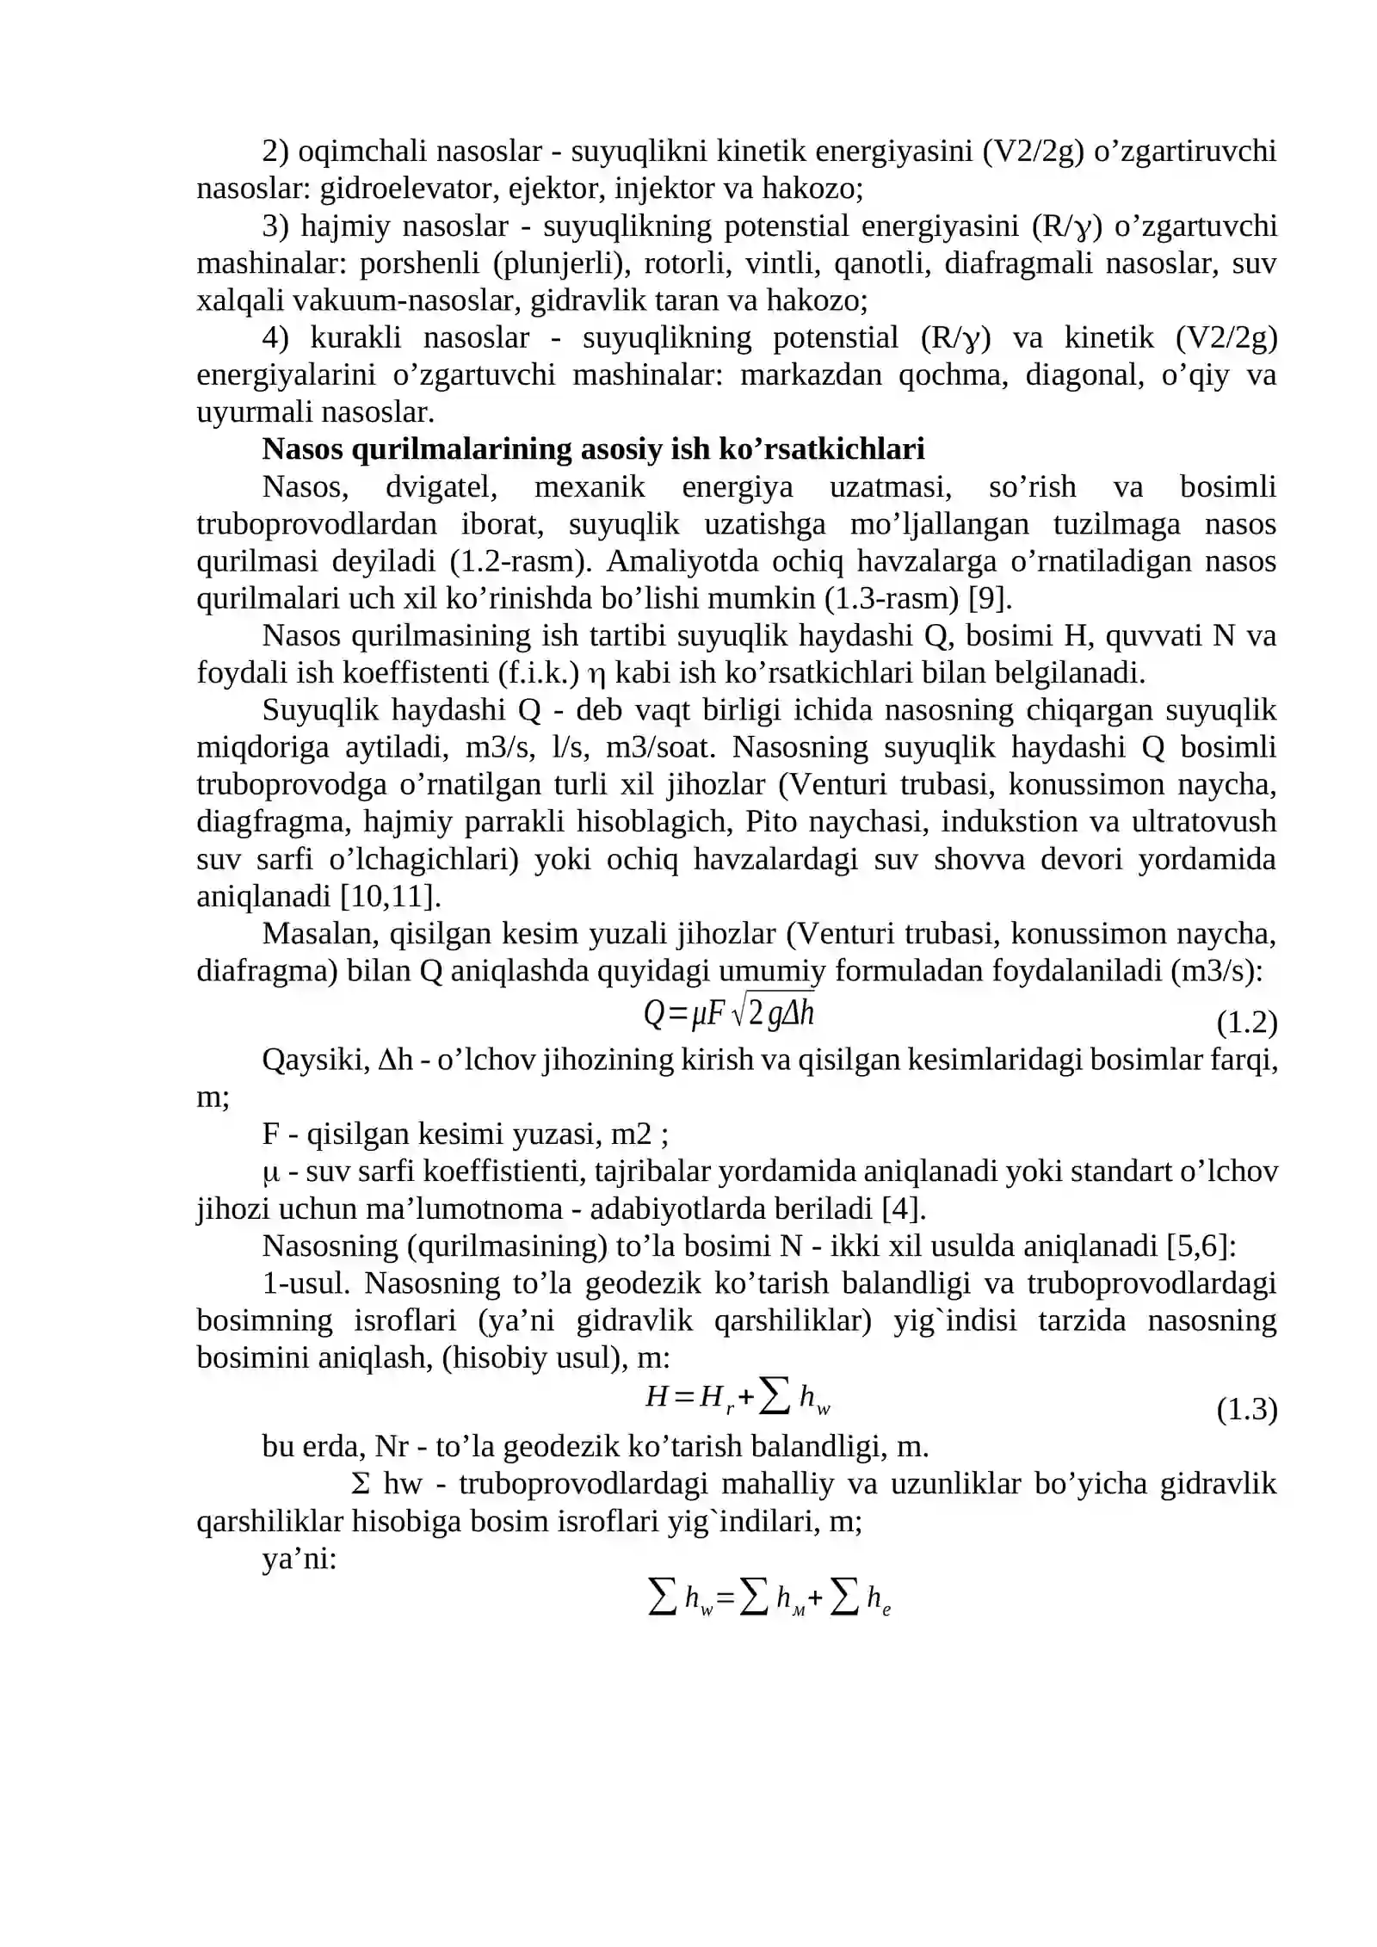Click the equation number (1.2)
[x=1246, y=1023]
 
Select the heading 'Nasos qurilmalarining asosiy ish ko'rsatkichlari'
[x=593, y=449]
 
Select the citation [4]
[x=904, y=1209]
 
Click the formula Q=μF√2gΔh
[x=729, y=1014]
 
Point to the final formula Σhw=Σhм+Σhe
[x=769, y=1599]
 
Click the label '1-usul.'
[x=306, y=1283]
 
